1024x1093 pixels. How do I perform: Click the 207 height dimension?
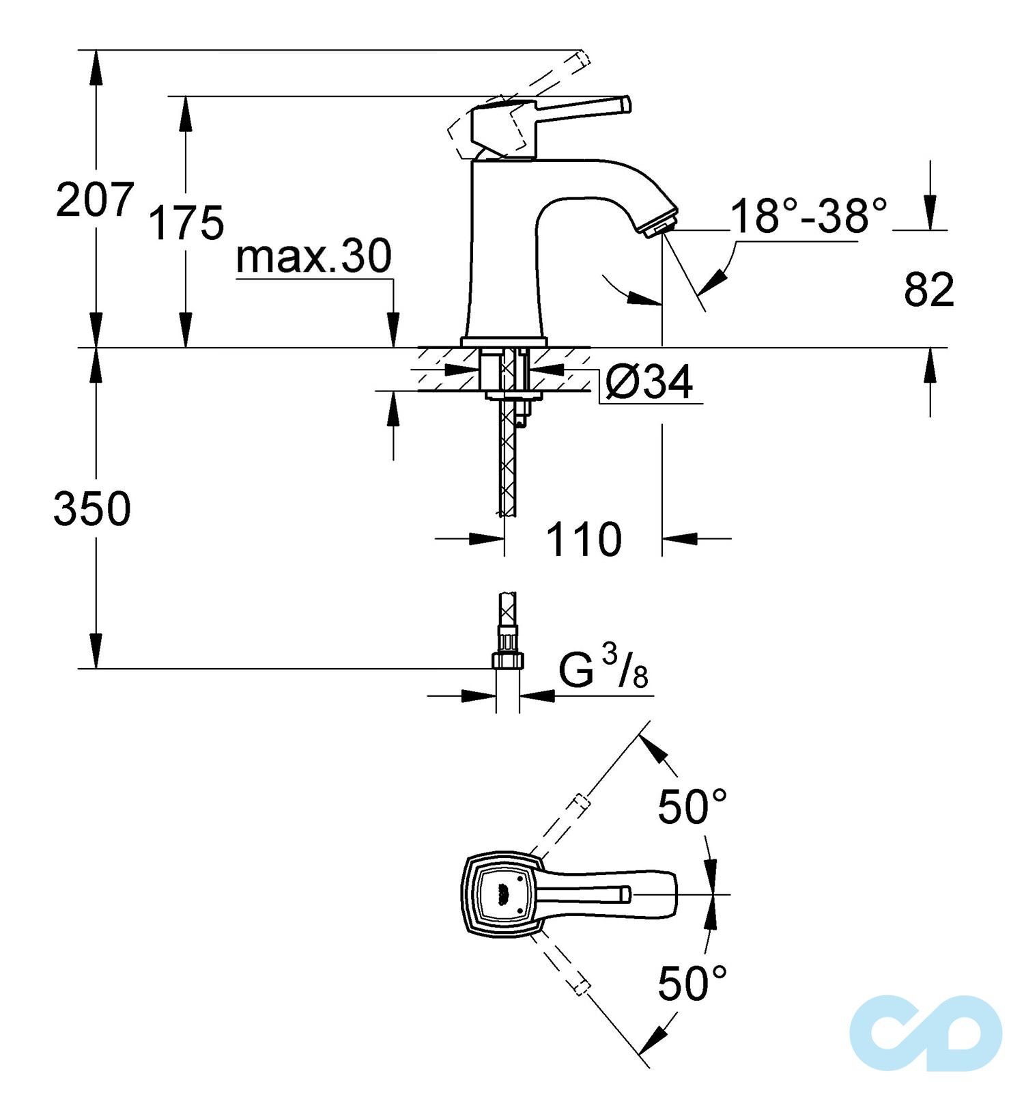tap(94, 200)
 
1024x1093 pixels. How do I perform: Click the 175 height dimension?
tap(186, 223)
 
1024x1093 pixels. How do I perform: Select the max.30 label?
tap(313, 257)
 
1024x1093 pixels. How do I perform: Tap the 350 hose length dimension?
tap(91, 509)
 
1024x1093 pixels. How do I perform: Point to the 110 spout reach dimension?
tap(583, 540)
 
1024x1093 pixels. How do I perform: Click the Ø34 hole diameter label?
tap(649, 383)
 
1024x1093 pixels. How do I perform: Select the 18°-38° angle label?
tap(808, 216)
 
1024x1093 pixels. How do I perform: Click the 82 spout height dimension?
tap(928, 290)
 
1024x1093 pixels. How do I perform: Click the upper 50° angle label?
tap(692, 807)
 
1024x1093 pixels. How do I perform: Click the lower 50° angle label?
tap(692, 984)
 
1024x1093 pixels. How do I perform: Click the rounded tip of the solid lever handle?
tap(626, 105)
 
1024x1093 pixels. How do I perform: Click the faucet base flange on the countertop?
tap(504, 342)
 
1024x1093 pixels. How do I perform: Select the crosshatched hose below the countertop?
tap(508, 465)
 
